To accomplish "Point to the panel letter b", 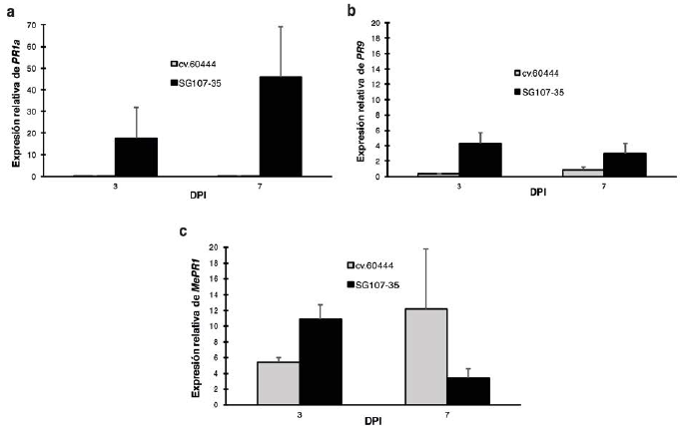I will coord(350,10).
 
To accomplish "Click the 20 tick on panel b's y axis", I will coord(373,22).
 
